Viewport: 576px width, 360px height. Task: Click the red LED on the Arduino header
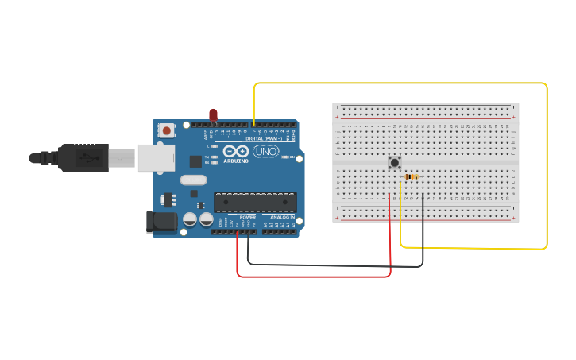tap(213, 115)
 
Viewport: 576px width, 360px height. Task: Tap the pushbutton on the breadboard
tap(394, 162)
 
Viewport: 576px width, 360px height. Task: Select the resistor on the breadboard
tap(412, 176)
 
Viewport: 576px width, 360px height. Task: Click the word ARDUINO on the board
tap(237, 161)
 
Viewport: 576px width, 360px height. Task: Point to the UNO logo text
tap(266, 151)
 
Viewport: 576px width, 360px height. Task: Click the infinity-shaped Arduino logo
tap(237, 151)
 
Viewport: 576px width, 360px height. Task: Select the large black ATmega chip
tap(255, 202)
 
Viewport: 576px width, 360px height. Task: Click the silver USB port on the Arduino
tap(155, 157)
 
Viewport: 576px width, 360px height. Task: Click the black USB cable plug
tap(83, 157)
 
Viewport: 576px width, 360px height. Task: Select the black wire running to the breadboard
tap(334, 265)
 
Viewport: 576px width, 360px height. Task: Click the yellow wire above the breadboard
tap(397, 83)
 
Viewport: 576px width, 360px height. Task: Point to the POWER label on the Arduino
tap(248, 217)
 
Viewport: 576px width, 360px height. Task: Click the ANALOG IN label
tap(282, 217)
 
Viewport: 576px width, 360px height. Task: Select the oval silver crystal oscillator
tap(193, 180)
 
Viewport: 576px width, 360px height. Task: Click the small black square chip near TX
tap(195, 161)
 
